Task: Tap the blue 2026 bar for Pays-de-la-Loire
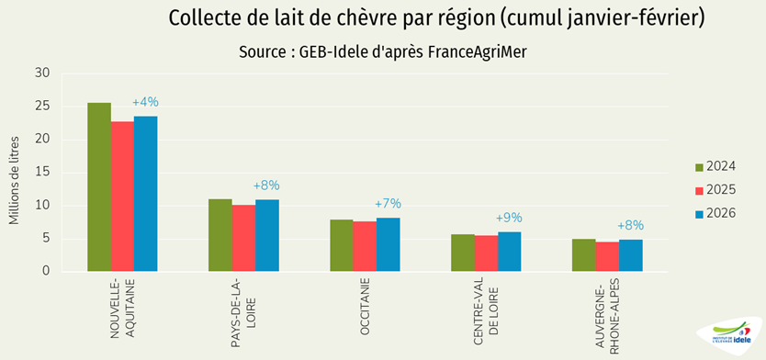click(266, 235)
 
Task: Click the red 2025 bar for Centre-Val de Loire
click(485, 253)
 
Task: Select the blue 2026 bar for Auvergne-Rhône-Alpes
click(630, 255)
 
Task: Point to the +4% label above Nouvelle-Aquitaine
click(145, 102)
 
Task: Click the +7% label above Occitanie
click(388, 203)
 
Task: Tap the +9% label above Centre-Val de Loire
click(509, 218)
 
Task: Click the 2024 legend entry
click(714, 166)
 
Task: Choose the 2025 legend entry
click(714, 190)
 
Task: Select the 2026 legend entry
click(714, 213)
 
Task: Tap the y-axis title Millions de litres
click(15, 178)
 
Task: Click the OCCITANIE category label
click(365, 307)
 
